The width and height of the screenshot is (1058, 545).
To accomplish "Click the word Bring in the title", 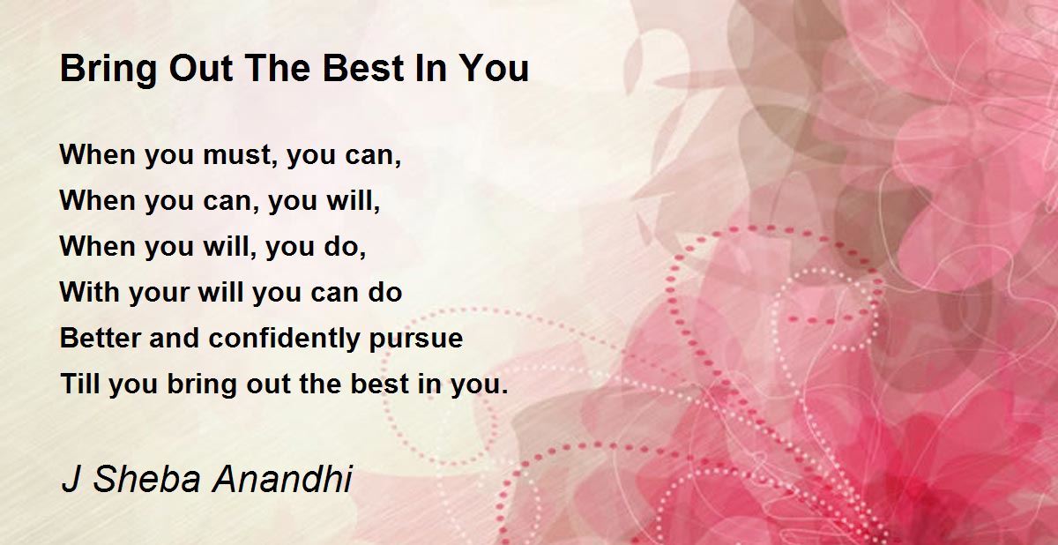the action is (108, 70).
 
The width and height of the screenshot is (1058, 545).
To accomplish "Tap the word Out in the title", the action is (201, 69).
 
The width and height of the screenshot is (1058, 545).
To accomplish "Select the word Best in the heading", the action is (363, 69).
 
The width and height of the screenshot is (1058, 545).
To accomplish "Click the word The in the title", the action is (279, 69).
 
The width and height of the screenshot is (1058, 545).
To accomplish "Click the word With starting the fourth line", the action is (89, 292).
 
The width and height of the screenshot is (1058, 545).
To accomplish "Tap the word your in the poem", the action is (159, 295).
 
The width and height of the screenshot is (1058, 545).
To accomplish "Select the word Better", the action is (101, 338).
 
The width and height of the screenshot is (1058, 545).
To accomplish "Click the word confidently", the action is (284, 340).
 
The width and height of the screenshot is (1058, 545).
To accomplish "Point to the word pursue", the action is (416, 340).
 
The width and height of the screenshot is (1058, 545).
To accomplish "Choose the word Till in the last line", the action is (80, 383).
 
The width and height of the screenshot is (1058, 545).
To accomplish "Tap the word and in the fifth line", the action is (175, 338).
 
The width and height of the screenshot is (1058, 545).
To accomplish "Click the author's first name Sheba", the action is (147, 479).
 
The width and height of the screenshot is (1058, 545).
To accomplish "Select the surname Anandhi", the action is (282, 479).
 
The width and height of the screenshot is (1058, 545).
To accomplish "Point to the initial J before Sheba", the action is (71, 479).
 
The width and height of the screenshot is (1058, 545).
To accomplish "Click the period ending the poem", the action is (505, 392).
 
